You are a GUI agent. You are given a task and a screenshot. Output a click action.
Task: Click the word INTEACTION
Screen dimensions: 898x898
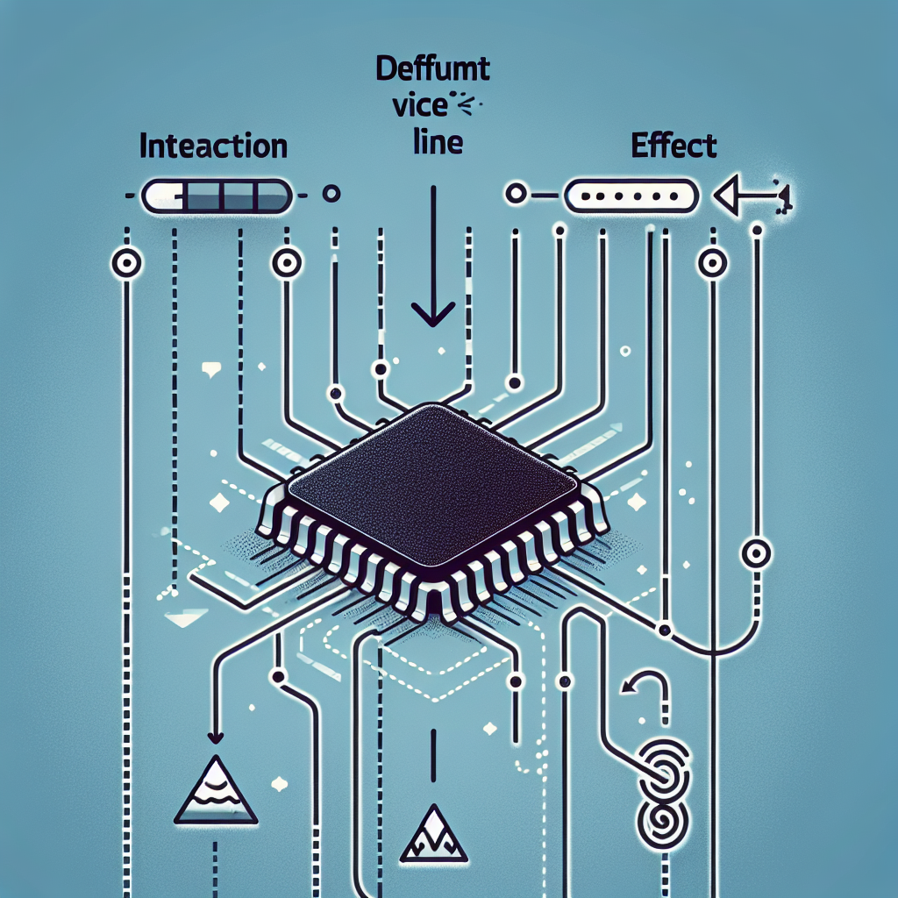click(213, 146)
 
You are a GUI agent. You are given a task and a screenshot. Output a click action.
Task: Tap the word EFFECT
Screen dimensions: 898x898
click(673, 146)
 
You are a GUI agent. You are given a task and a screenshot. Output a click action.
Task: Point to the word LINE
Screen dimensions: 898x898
click(436, 143)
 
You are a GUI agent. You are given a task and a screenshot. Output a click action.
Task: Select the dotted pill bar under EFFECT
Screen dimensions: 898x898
click(631, 196)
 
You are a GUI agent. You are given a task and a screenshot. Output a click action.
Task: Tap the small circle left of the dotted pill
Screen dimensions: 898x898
click(515, 194)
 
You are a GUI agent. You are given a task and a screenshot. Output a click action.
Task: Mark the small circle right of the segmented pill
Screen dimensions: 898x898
click(331, 194)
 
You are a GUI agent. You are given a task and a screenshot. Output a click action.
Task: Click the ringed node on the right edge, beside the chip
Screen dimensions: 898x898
click(755, 553)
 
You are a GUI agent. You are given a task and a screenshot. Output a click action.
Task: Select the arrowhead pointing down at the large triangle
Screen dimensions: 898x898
click(213, 739)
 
